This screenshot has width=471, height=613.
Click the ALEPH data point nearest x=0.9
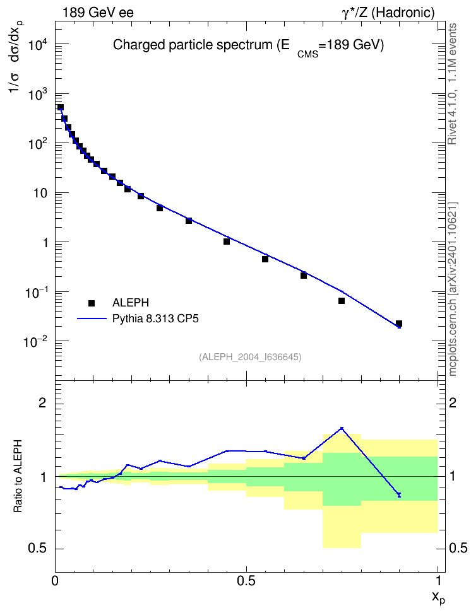point(399,324)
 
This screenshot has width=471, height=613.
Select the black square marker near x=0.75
point(342,301)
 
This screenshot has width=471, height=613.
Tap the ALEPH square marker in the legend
point(92,303)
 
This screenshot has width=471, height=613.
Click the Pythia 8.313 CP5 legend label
point(155,318)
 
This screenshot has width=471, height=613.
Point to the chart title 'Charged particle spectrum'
point(192,45)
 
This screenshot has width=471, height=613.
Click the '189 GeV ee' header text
point(98,13)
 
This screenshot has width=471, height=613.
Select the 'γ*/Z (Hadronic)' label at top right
point(388,13)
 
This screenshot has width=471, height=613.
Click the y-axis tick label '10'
point(39,194)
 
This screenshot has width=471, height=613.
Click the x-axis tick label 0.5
point(246,581)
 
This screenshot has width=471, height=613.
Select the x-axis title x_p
point(439,598)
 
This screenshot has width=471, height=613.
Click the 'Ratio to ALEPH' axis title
point(18,476)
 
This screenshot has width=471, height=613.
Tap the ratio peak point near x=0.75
point(342,428)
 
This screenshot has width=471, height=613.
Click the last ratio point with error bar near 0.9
point(399,495)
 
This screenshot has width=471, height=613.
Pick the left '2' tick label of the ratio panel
point(42,403)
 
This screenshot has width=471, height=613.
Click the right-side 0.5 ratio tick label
point(458,548)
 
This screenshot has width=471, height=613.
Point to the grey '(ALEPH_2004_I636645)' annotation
point(250,357)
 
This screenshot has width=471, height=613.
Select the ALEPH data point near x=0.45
point(226,241)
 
